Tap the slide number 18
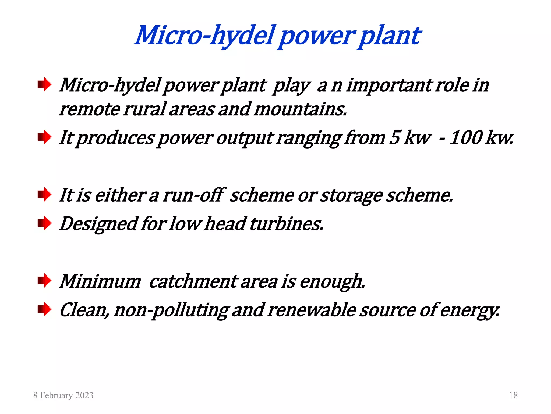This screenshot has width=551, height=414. (x=513, y=395)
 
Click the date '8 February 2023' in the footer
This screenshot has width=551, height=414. (x=63, y=395)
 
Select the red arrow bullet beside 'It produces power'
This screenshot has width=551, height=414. (x=44, y=137)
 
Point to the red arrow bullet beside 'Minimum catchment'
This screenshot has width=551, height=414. (x=44, y=281)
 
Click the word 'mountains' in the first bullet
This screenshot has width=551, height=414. (x=300, y=109)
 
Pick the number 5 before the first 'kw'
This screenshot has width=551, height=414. (x=395, y=137)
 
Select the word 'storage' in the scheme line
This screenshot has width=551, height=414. (x=351, y=195)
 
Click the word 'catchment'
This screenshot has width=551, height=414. (x=193, y=281)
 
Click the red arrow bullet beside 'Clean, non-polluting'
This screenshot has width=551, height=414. (x=44, y=309)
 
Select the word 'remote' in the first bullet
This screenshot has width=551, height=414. (x=90, y=109)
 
